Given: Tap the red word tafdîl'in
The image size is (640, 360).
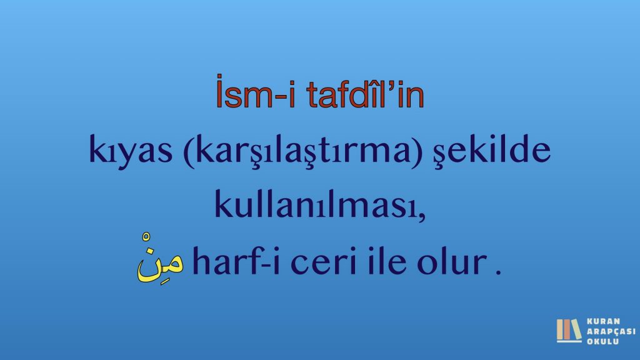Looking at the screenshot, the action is click(365, 93).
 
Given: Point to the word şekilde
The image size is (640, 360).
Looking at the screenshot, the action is click(492, 150).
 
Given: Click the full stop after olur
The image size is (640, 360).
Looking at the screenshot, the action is click(498, 271).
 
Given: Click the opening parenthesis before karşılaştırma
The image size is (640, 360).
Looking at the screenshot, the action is click(189, 151).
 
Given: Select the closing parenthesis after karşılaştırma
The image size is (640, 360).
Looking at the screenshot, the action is click(417, 151).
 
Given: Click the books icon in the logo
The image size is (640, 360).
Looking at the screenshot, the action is click(569, 331).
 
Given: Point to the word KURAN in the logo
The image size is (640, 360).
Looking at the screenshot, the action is click(603, 321).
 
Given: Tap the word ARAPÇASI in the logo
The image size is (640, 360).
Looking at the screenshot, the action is click(611, 331).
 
